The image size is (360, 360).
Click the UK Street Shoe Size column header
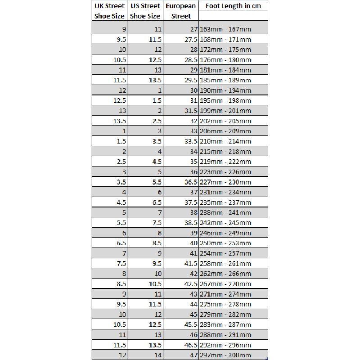coord(109,11)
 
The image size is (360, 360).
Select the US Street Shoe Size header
coord(145,11)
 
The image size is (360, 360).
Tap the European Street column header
coord(180,11)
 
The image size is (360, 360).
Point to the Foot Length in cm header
coord(233,6)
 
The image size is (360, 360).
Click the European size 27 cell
coord(180,29)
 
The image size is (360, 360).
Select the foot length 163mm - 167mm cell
coord(233,29)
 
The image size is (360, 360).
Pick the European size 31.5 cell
coord(180,111)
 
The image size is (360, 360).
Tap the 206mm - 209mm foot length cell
coord(233,131)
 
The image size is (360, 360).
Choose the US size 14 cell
coord(145,355)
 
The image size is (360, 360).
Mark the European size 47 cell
coord(180,355)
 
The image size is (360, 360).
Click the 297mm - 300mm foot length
coord(233,355)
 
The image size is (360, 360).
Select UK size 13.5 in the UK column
coord(109,121)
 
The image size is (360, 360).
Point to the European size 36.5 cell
coord(180,182)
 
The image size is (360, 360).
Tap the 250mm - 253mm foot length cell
coord(233,243)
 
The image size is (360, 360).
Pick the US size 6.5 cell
coord(145,202)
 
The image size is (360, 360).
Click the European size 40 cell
coord(180,243)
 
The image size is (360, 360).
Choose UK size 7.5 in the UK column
coord(109,263)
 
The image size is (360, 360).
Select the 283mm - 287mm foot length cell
coord(233,324)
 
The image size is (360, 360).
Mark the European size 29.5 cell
coord(180,80)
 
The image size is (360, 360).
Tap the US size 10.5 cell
coord(145,283)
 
